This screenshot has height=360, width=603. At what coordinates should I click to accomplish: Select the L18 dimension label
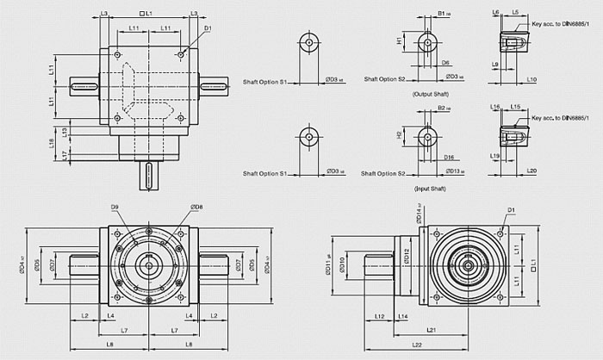point(53,142)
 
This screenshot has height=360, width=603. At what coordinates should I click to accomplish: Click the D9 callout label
point(115,206)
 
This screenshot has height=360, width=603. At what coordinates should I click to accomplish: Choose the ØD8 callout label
point(196,207)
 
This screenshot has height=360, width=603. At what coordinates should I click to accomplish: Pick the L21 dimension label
point(430,330)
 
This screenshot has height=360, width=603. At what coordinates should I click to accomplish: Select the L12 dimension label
point(380,316)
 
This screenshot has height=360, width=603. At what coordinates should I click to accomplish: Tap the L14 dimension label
point(402,316)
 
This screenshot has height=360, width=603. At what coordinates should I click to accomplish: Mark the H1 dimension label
point(400,40)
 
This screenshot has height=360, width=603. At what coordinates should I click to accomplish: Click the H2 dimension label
point(400,135)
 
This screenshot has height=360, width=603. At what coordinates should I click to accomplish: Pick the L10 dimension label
point(532,79)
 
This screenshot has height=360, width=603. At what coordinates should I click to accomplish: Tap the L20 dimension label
point(532,171)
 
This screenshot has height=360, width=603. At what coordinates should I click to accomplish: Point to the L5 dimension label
point(514,13)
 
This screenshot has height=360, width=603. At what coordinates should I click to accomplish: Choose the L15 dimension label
point(514,107)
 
